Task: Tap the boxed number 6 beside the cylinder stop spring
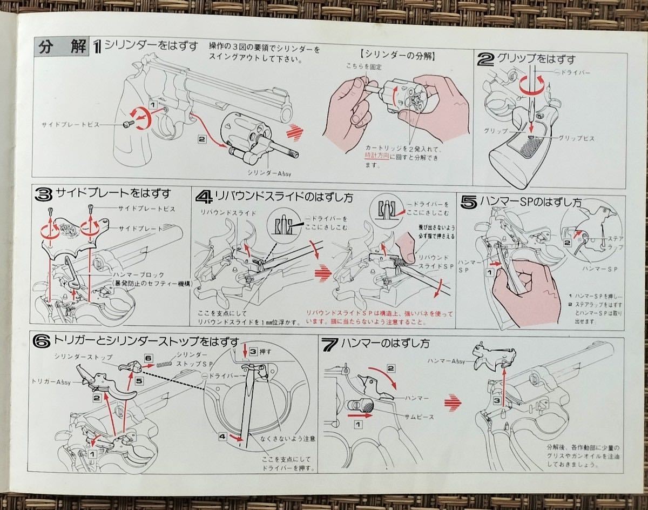(148, 358)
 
